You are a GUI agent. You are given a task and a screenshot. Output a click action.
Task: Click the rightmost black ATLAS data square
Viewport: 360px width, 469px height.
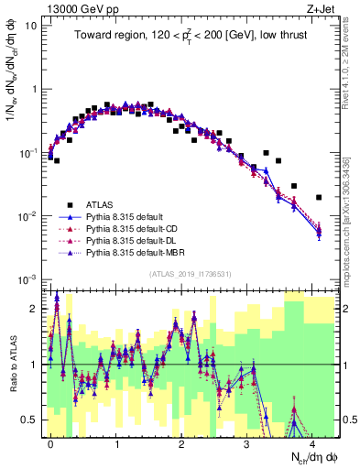pos(318,197)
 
